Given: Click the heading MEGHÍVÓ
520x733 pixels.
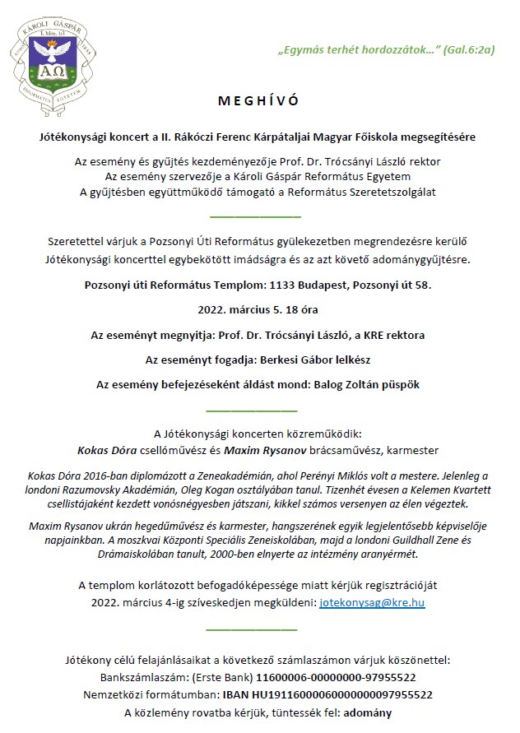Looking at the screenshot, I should pos(259,101).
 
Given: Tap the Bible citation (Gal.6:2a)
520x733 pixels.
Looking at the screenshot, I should pos(468,49).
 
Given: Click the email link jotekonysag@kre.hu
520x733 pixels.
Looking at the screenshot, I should pos(372,603).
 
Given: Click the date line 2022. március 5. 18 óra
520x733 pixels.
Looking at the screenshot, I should pos(259,311).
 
